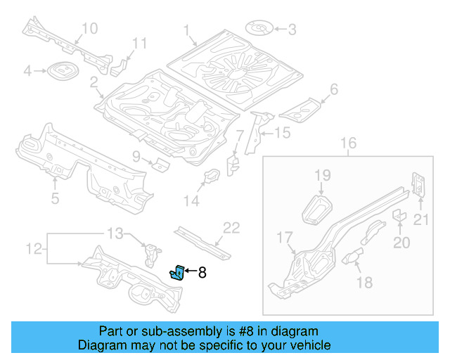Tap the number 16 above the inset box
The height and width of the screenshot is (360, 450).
(x=349, y=144)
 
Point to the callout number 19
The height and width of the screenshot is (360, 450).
(x=322, y=175)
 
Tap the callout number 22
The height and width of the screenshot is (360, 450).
(x=231, y=227)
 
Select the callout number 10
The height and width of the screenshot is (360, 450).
(x=89, y=28)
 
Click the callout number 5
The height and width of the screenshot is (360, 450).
(x=56, y=198)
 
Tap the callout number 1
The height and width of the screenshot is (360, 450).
(x=188, y=30)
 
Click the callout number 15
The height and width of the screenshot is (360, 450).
(x=281, y=133)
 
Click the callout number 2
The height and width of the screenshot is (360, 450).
(x=94, y=84)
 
